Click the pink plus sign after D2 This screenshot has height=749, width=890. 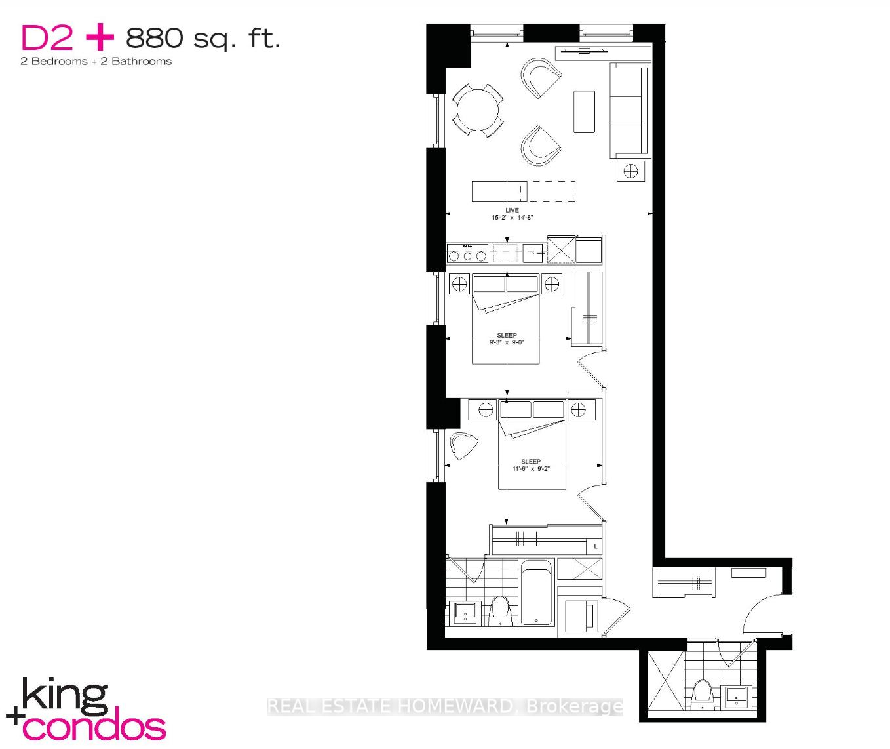click(100, 37)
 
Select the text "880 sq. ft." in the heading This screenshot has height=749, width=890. click(203, 39)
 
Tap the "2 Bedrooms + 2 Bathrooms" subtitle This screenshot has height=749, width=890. click(96, 62)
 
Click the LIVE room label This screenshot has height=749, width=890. click(512, 210)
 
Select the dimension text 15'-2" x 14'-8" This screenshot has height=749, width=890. click(513, 218)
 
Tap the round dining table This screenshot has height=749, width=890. click(477, 110)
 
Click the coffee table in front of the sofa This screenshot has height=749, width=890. click(584, 111)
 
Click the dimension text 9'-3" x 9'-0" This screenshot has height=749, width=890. click(507, 342)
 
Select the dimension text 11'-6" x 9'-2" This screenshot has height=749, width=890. click(531, 468)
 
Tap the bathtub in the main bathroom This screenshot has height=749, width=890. click(537, 592)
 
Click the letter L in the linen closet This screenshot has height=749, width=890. click(596, 546)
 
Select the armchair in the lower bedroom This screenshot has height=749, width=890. click(464, 446)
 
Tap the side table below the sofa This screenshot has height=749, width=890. click(630, 171)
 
